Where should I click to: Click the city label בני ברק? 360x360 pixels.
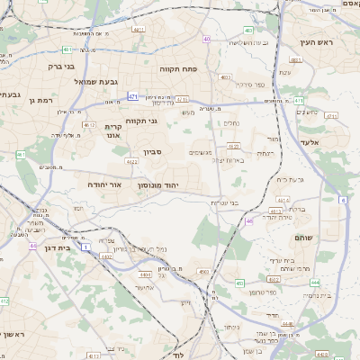click(x=62, y=66)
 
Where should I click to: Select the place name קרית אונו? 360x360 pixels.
click(x=112, y=131)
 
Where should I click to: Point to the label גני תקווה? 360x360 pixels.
click(x=142, y=121)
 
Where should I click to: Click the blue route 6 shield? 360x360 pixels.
click(x=343, y=200)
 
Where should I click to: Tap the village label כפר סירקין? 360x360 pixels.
click(x=247, y=84)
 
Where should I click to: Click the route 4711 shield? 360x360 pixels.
click(x=183, y=100)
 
